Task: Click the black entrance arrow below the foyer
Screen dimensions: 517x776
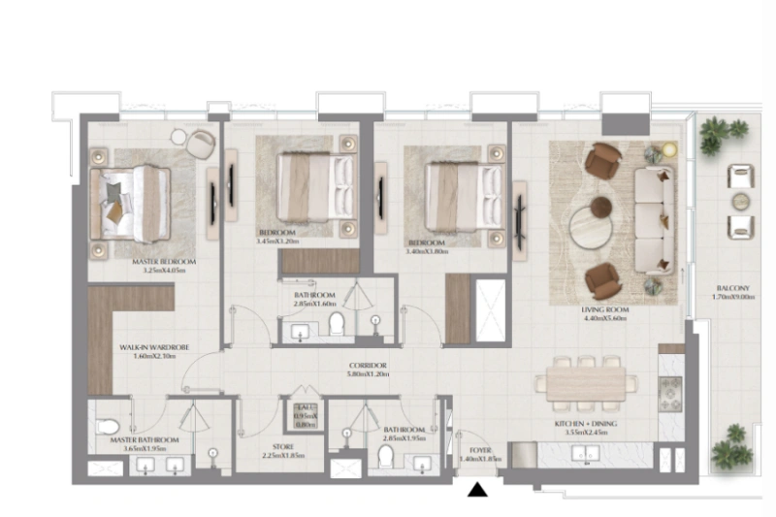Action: (476, 491)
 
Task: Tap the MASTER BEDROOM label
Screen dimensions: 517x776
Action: (164, 262)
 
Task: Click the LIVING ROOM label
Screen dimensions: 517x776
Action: (604, 310)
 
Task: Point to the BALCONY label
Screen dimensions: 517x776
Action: (732, 288)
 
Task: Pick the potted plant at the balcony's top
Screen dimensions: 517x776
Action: (724, 133)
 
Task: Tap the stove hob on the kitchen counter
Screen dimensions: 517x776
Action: (670, 392)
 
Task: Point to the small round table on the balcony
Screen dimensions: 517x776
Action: (741, 202)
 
